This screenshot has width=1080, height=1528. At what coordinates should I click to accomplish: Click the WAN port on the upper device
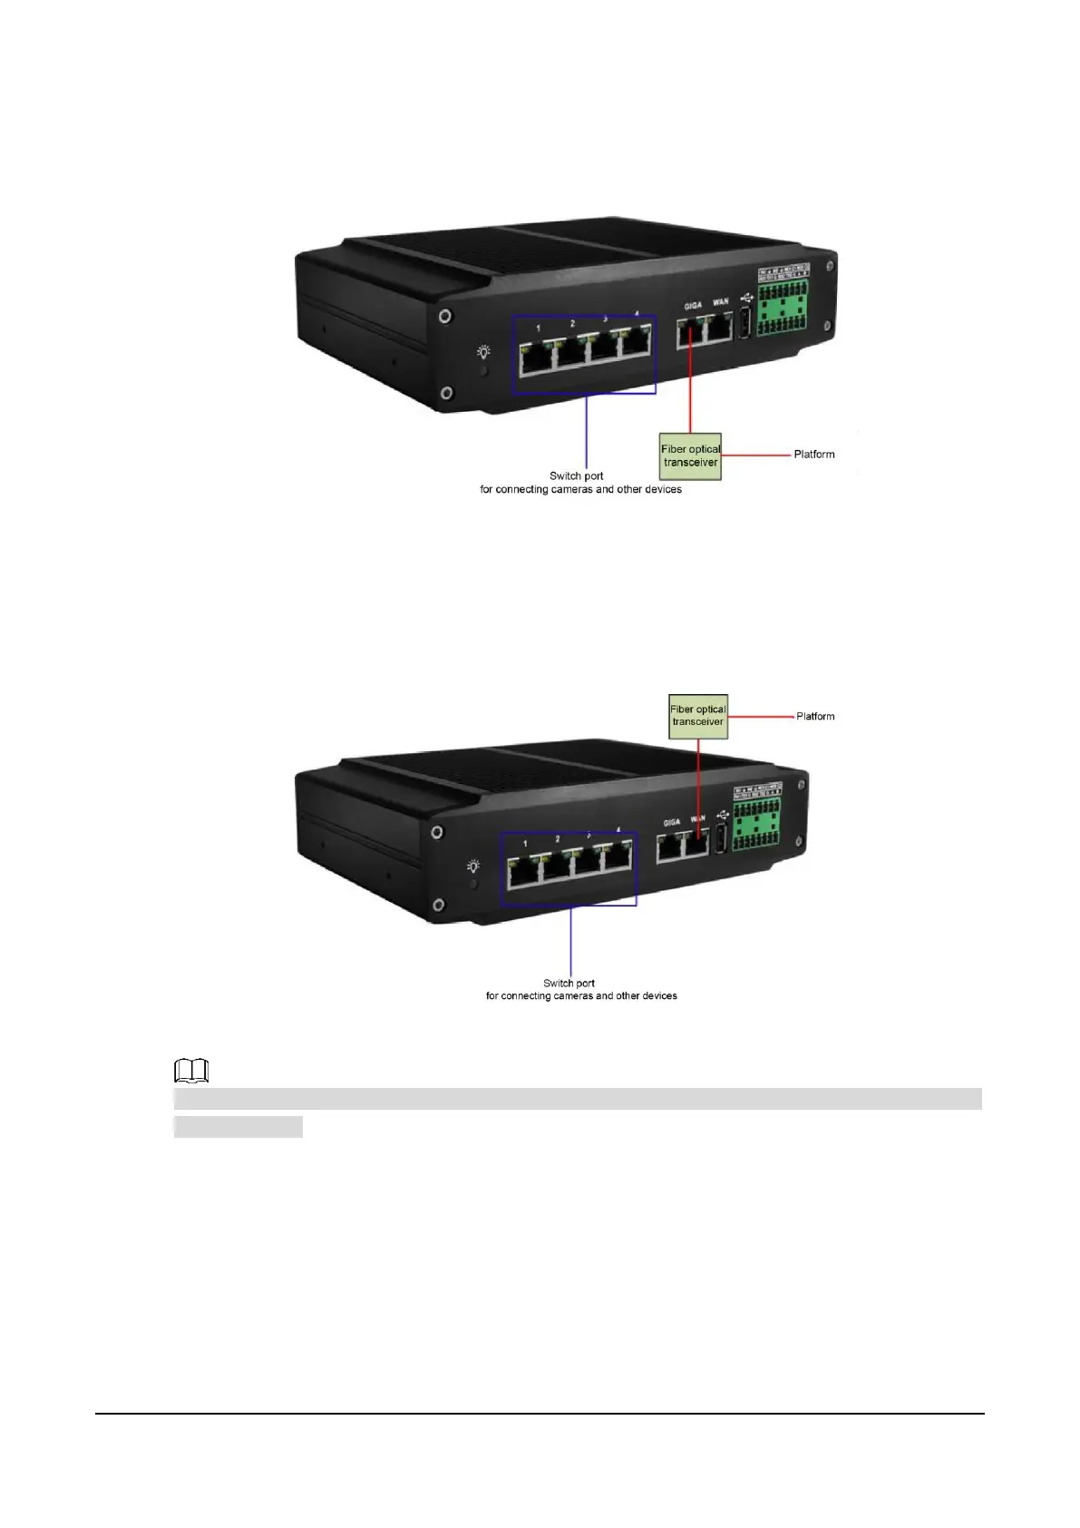(x=718, y=328)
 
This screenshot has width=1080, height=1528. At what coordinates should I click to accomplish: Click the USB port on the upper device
(x=745, y=323)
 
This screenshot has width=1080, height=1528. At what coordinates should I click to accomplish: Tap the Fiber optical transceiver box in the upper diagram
(x=690, y=455)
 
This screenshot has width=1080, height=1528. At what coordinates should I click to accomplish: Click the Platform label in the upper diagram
(x=813, y=455)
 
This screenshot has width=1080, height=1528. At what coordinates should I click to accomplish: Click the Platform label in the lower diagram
(x=815, y=717)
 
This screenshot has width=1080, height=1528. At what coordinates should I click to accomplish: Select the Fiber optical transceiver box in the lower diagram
(x=698, y=716)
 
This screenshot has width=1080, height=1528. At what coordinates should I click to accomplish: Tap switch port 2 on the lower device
(x=555, y=867)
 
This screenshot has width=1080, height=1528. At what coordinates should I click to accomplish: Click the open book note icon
(x=191, y=1071)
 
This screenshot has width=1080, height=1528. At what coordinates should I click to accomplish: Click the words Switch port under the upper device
(x=576, y=475)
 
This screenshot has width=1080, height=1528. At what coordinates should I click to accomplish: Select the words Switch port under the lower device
(x=569, y=983)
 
